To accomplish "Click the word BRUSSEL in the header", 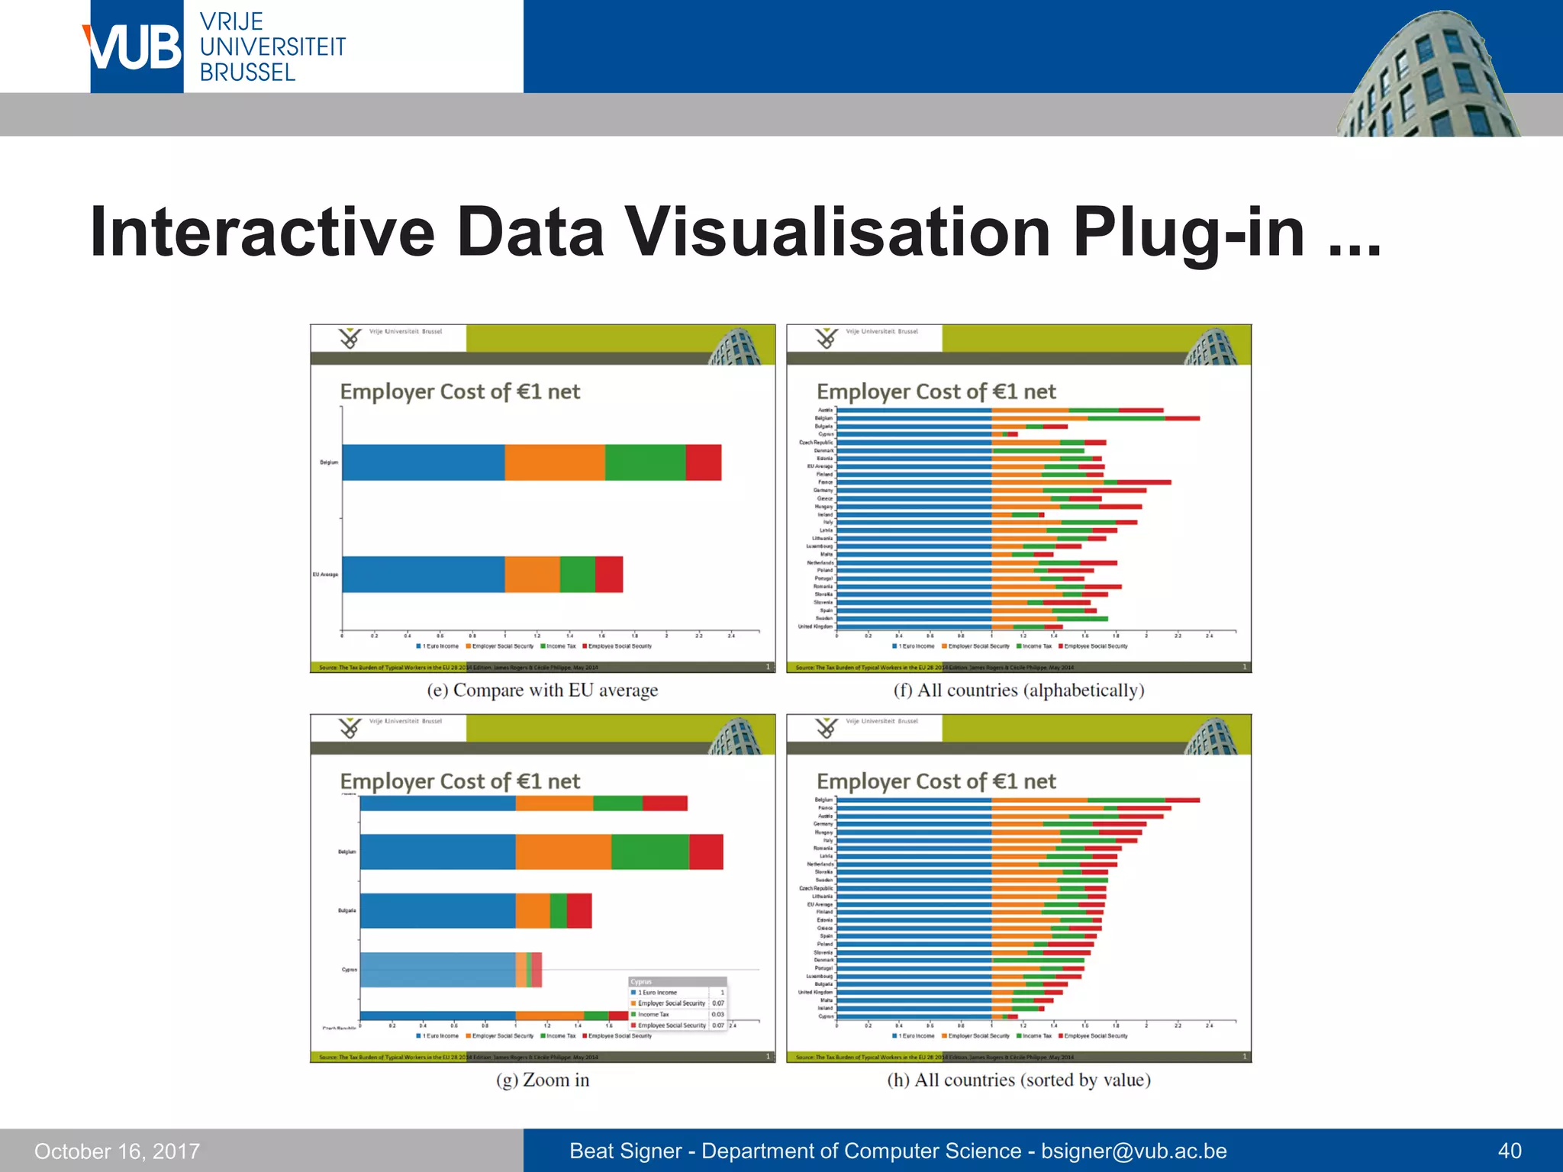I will (x=247, y=73).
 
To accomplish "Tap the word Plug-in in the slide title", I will (x=1188, y=233).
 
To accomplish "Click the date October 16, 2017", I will (x=117, y=1151).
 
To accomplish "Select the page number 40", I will (x=1509, y=1151).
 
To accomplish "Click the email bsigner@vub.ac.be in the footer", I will (x=1133, y=1151).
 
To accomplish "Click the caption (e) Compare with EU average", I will (x=542, y=691).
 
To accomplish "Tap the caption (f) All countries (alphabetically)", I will (x=1019, y=691).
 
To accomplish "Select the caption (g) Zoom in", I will (x=542, y=1080).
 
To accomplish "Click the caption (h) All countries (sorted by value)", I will (x=1019, y=1080).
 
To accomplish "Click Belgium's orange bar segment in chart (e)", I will (x=555, y=462).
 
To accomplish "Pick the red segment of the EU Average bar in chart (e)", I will (x=609, y=575).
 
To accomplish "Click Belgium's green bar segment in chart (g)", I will (x=649, y=852).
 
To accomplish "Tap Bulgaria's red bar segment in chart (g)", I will (x=579, y=911).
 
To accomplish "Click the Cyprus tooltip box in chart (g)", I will (x=677, y=1003).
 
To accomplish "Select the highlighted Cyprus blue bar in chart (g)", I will (x=437, y=970).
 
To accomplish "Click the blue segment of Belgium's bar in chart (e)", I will (x=423, y=462).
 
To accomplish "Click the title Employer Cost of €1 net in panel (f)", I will (x=936, y=392).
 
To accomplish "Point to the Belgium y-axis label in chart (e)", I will (x=329, y=462).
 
